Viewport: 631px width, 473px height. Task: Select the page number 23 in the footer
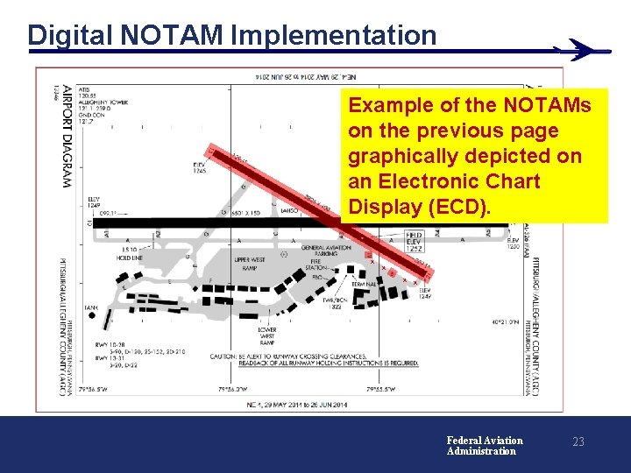[578, 442]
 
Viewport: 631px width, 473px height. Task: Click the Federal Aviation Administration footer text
[484, 446]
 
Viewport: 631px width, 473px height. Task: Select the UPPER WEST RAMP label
[251, 264]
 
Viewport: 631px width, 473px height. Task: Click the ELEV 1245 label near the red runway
[200, 166]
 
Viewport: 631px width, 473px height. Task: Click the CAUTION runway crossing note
[313, 359]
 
